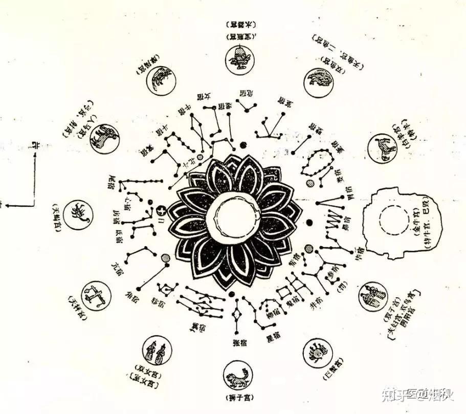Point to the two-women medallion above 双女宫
pos(156,350)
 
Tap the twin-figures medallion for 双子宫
pos(373,296)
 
